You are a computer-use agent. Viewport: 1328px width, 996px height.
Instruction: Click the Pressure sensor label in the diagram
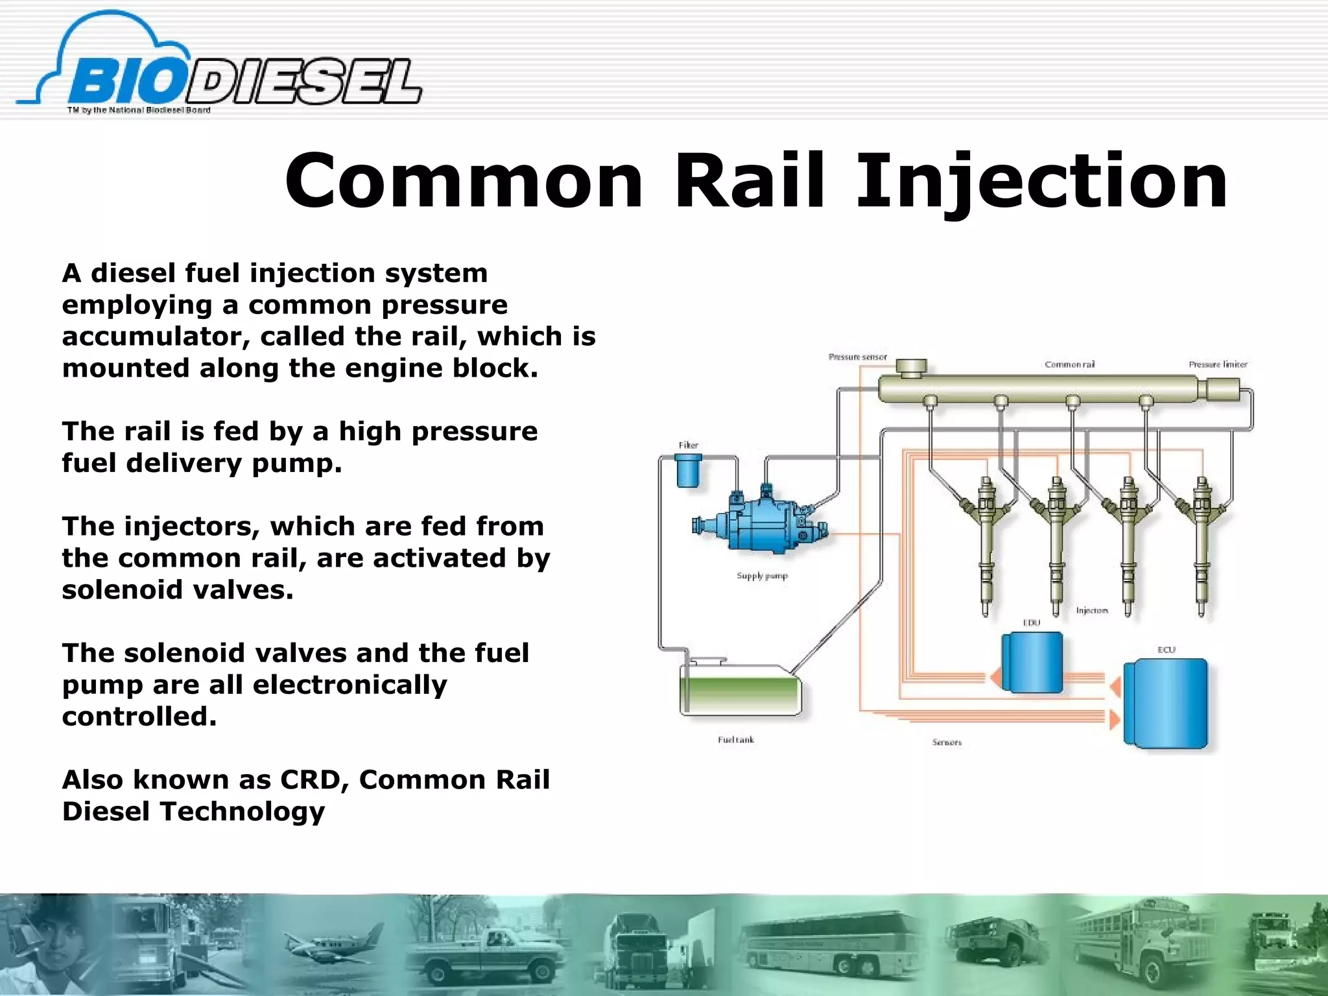[857, 357]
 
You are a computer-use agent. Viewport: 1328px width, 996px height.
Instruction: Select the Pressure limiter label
[1217, 364]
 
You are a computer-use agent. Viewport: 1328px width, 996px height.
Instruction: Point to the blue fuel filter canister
[688, 471]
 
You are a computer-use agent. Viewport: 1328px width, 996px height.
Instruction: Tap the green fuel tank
[740, 693]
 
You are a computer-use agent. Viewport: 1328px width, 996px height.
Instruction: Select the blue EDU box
[1032, 662]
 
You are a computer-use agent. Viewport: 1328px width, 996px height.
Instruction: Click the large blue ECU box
[1166, 703]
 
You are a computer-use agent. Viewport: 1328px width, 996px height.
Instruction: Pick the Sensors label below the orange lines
[947, 742]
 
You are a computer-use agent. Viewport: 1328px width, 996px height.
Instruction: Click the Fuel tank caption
[735, 740]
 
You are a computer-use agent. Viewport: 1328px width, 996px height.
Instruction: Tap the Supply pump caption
[762, 576]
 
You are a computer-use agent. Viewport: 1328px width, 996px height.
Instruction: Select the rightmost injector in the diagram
[1202, 545]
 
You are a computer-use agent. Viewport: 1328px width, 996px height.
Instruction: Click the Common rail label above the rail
[1069, 364]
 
